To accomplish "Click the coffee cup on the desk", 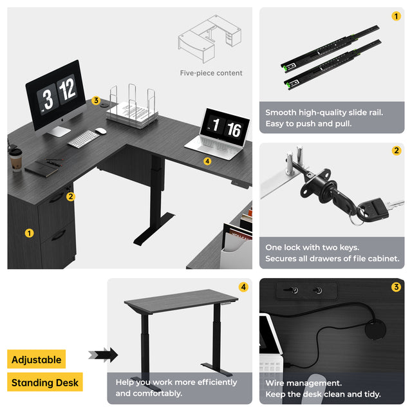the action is pos(15,160).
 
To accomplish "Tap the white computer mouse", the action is pos(101,131).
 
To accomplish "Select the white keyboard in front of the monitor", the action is pos(83,139).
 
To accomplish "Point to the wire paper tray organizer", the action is pos(132,108).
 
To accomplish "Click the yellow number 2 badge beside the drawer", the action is pos(70,196).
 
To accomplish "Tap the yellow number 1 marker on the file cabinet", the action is pos(29,233).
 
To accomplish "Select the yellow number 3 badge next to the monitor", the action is pos(96,100).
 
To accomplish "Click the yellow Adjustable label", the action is pos(36,359).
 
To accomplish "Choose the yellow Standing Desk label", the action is pos(45,382).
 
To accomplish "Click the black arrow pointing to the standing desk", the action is pos(103,355).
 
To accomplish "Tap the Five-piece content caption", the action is pos(211,73).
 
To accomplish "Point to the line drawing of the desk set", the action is pos(210,39).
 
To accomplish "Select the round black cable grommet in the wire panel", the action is pos(375,329).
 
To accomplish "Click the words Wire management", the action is pos(303,383).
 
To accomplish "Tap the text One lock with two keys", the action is pos(312,247).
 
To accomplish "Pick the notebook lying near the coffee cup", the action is pos(41,169).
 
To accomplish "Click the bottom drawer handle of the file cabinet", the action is pos(59,235).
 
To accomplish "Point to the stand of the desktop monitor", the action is pos(58,131).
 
